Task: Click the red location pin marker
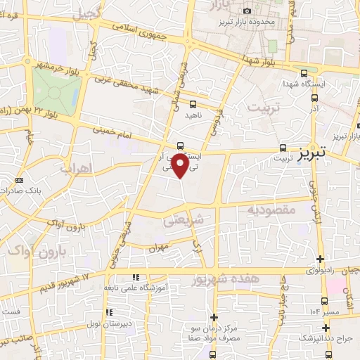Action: point(181,166)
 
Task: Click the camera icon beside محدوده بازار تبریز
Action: point(247,11)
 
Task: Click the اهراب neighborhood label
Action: point(77,169)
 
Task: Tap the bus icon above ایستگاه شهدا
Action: point(304,73)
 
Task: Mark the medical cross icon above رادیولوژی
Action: point(321,259)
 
